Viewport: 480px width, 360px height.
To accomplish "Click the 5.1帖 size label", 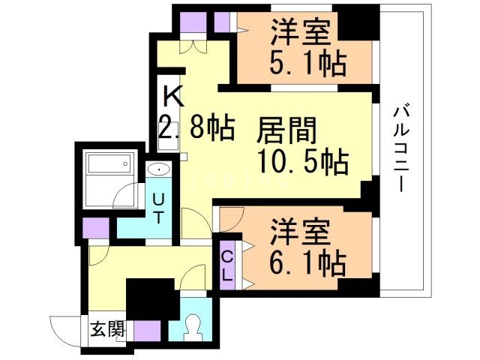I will pos(307,62).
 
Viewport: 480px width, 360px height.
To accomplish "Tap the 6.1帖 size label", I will pos(307,262).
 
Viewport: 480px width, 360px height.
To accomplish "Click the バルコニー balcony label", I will pos(403,150).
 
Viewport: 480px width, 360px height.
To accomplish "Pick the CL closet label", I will pos(226,265).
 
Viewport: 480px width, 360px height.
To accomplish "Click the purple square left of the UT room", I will pos(95,226).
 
